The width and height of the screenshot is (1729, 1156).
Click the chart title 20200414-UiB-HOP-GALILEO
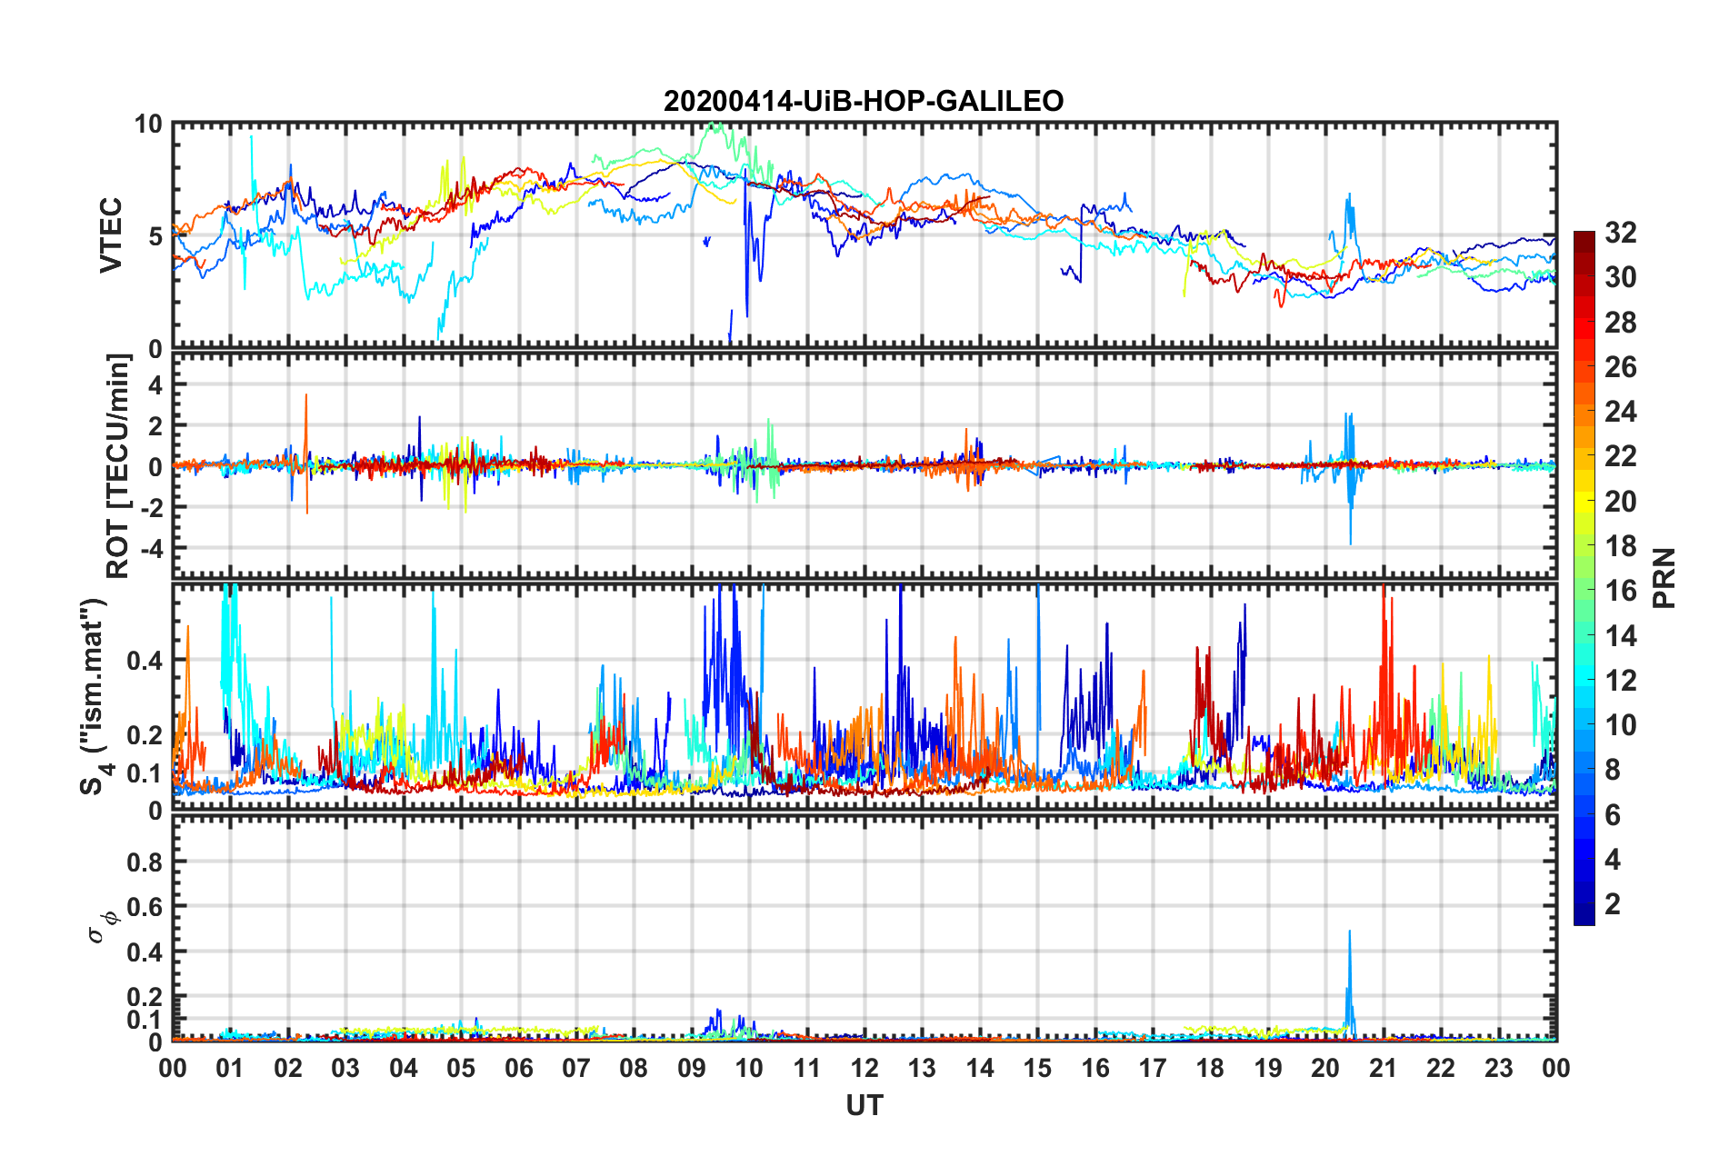click(x=864, y=101)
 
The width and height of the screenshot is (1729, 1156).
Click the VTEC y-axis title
click(x=111, y=235)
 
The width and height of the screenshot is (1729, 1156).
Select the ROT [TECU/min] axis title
click(x=118, y=466)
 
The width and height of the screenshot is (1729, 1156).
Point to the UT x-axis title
click(x=864, y=1105)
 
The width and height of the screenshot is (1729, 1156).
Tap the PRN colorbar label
click(x=1664, y=578)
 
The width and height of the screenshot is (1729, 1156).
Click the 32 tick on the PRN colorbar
click(x=1620, y=233)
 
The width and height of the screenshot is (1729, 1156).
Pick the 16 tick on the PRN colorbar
click(x=1620, y=591)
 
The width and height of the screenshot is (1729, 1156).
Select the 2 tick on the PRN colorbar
click(x=1613, y=904)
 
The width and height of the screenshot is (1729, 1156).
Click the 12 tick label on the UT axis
click(x=864, y=1068)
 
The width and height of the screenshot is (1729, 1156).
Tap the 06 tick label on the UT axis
click(x=519, y=1068)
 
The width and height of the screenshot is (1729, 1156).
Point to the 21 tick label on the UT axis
click(x=1384, y=1068)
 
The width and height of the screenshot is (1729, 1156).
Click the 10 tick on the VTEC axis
click(x=148, y=125)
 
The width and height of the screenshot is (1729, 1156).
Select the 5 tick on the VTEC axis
click(x=155, y=236)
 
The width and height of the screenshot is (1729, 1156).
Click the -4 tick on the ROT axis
click(x=149, y=549)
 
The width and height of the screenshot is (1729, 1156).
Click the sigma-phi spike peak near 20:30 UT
click(x=1349, y=932)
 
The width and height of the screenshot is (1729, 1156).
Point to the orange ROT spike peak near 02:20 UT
click(x=306, y=395)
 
